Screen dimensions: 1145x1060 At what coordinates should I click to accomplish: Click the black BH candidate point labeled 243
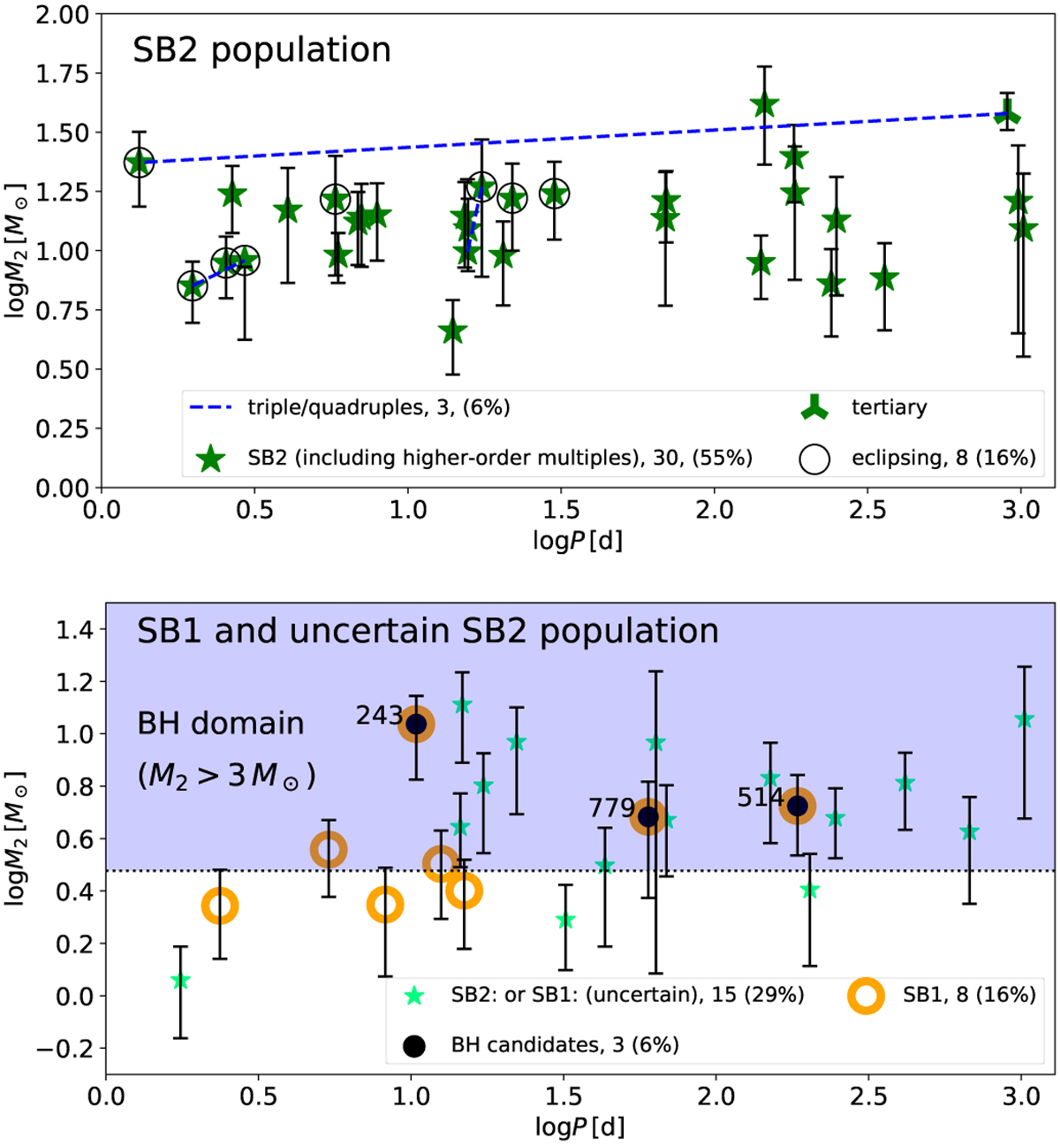pyautogui.click(x=416, y=724)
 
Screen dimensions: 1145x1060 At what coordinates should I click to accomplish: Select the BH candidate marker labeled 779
pyautogui.click(x=649, y=816)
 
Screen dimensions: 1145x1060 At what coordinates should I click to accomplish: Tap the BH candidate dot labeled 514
pyautogui.click(x=798, y=806)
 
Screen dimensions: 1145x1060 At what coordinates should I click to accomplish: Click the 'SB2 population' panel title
pyautogui.click(x=261, y=50)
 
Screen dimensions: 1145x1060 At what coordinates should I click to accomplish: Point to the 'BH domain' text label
pyautogui.click(x=221, y=724)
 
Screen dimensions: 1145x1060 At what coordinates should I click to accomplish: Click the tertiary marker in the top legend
pyautogui.click(x=814, y=407)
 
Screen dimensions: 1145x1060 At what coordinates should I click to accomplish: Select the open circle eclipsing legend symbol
pyautogui.click(x=814, y=458)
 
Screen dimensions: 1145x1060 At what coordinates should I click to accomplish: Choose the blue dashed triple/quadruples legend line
pyautogui.click(x=210, y=407)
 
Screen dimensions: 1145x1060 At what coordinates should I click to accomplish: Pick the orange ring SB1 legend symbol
pyautogui.click(x=866, y=995)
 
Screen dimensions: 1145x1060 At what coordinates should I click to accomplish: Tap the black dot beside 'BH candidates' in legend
pyautogui.click(x=413, y=1045)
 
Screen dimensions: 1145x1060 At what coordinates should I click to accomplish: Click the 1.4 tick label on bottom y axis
pyautogui.click(x=75, y=629)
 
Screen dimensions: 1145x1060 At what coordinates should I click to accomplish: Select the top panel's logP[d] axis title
pyautogui.click(x=578, y=539)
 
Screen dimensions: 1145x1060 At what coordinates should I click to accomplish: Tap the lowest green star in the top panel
pyautogui.click(x=453, y=332)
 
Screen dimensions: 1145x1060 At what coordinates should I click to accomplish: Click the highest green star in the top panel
pyautogui.click(x=764, y=105)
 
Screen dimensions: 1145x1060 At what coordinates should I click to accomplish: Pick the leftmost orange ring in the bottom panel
pyautogui.click(x=220, y=906)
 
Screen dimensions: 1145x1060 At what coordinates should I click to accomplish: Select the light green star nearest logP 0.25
pyautogui.click(x=180, y=981)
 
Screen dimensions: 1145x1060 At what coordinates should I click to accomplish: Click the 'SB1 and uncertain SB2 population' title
pyautogui.click(x=428, y=631)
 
